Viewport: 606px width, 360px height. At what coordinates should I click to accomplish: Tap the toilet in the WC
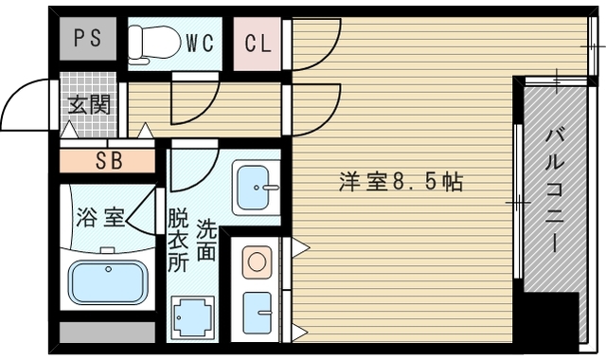click(154, 42)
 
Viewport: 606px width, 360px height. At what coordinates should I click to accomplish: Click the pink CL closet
click(257, 43)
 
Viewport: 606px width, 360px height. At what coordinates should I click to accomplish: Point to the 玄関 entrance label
click(88, 102)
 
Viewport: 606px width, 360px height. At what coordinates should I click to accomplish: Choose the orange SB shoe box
click(107, 160)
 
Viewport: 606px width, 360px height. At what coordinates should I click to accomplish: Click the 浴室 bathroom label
click(99, 217)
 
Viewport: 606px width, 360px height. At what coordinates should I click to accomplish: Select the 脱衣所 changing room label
click(178, 241)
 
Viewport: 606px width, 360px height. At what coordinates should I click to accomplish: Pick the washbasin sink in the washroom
click(254, 188)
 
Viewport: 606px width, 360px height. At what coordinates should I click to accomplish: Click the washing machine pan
click(192, 317)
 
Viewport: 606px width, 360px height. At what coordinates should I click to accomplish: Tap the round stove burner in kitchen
click(256, 261)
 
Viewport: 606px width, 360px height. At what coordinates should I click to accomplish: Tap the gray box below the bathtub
click(107, 333)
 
